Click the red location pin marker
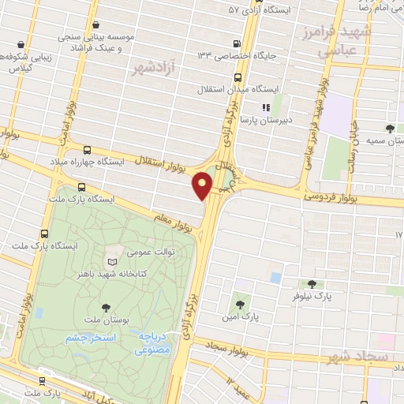point(203,185)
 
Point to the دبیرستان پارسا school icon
point(266,107)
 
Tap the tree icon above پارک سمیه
point(390,129)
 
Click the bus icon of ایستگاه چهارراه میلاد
point(87,149)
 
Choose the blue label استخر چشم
point(91,337)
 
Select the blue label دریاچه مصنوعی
point(156,342)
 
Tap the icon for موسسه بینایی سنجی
point(96,25)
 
